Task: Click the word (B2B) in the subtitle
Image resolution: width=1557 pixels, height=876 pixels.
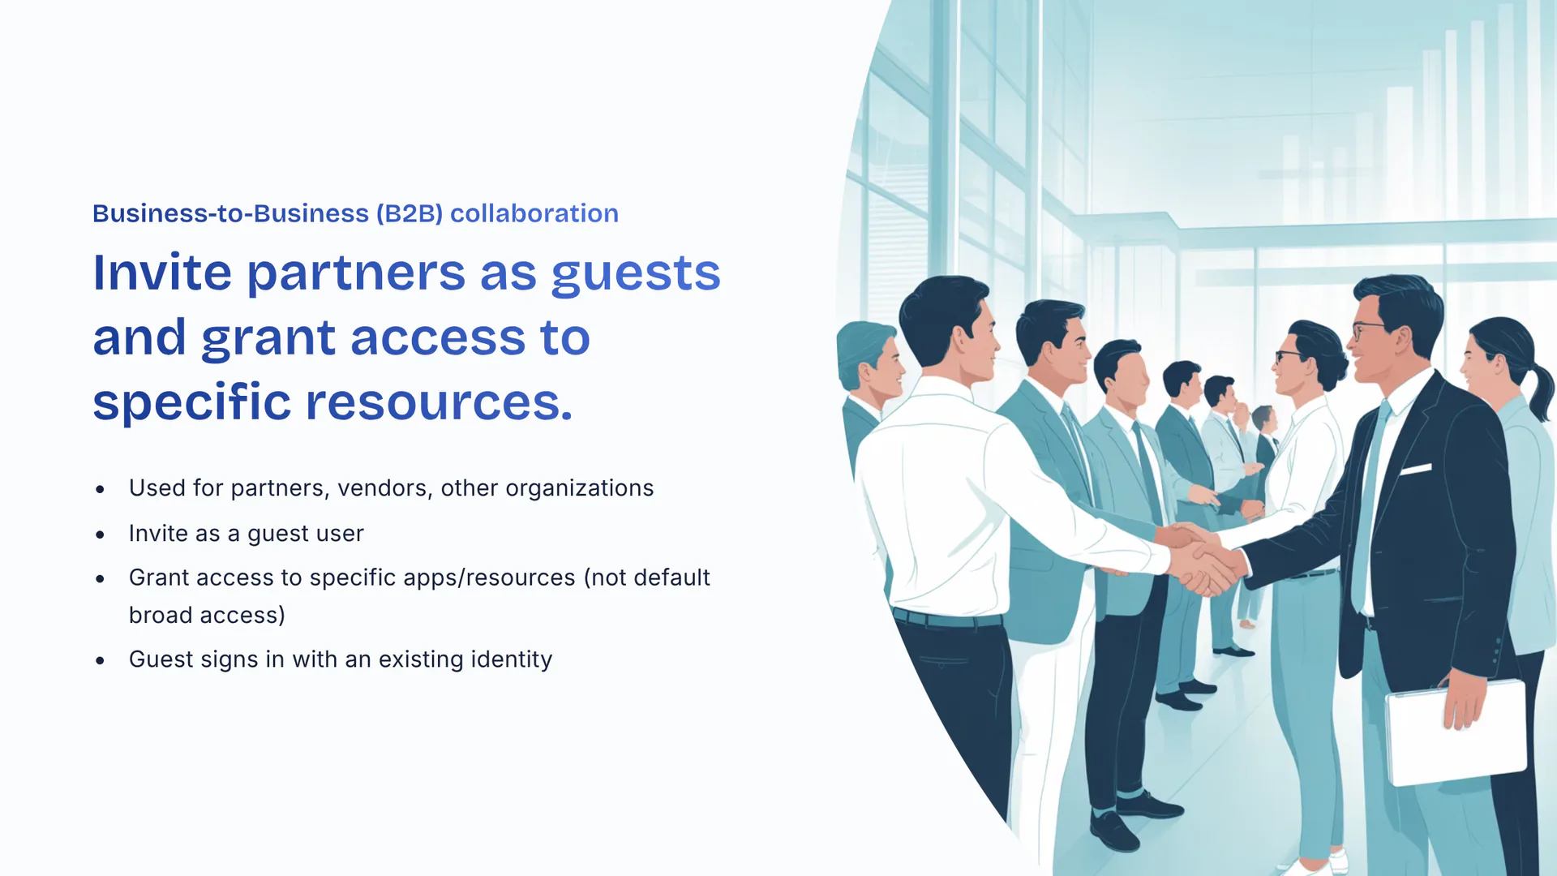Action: (x=410, y=213)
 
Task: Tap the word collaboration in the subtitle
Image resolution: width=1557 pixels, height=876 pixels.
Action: (x=534, y=213)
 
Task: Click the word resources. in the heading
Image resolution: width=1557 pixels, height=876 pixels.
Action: (x=439, y=401)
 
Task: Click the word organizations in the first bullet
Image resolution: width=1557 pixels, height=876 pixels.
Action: (x=580, y=488)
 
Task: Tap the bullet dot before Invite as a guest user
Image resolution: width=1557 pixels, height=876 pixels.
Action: (x=100, y=535)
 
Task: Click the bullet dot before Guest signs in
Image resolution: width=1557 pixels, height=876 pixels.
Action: (x=100, y=660)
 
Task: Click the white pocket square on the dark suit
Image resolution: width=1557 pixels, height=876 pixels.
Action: (x=1416, y=469)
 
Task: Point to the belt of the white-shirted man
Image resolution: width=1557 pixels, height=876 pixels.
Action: (x=947, y=619)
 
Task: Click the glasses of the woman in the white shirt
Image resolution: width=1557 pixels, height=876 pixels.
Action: (x=1289, y=355)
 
